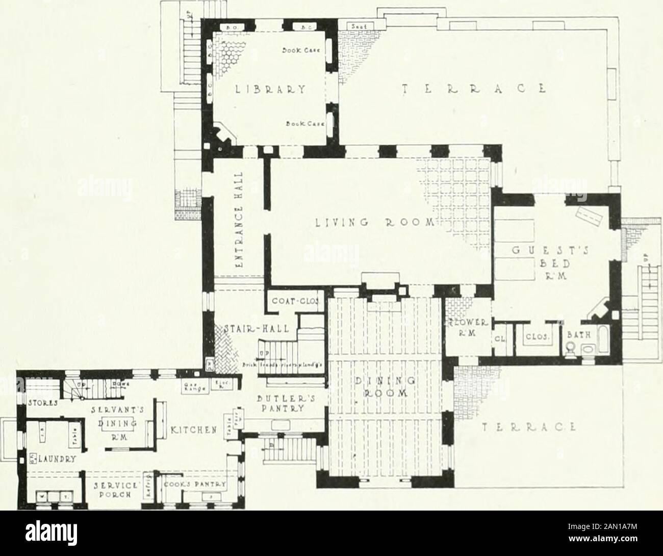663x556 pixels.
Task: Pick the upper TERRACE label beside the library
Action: coord(471,87)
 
